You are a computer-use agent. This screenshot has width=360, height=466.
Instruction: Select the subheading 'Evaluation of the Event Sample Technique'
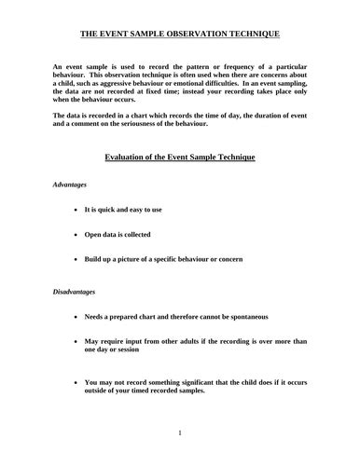click(179, 157)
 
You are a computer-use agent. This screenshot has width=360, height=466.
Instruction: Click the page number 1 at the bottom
click(180, 432)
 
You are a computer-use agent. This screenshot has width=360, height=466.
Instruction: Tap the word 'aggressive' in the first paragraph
click(148, 93)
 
